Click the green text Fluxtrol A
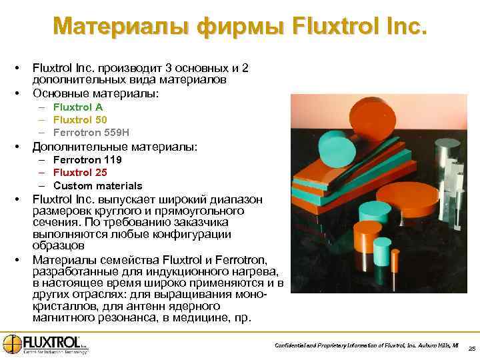click(x=78, y=107)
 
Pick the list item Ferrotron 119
click(x=87, y=160)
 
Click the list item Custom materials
click(x=98, y=185)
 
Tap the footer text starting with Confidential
click(x=367, y=345)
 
